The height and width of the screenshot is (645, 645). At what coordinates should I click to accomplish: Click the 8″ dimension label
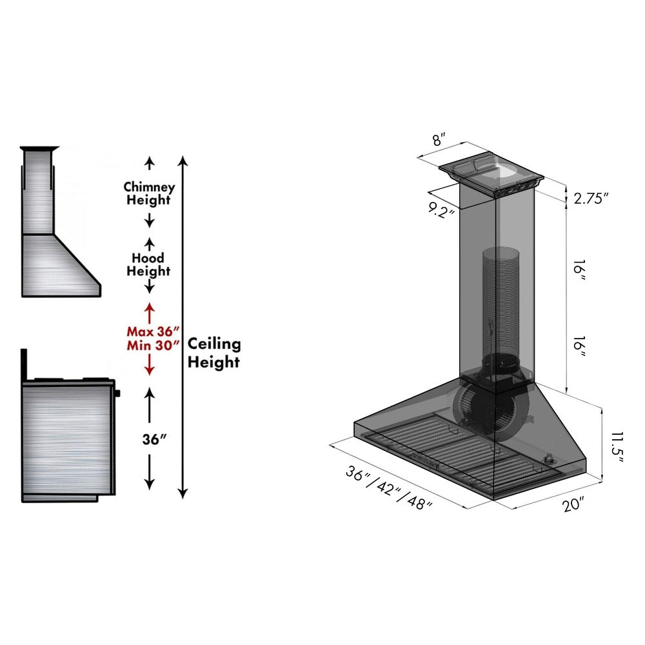(439, 139)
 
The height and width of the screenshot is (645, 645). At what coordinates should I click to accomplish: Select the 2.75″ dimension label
(591, 199)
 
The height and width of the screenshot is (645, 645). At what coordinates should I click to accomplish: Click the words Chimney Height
(149, 193)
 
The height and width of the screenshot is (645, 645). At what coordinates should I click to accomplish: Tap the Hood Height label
(148, 264)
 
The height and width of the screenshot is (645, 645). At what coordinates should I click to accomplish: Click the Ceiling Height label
(213, 353)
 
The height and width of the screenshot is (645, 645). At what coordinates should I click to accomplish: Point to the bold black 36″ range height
(155, 439)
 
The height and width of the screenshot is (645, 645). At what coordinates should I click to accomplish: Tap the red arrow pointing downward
(149, 365)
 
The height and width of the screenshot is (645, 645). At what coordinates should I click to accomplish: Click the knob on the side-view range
(118, 392)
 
